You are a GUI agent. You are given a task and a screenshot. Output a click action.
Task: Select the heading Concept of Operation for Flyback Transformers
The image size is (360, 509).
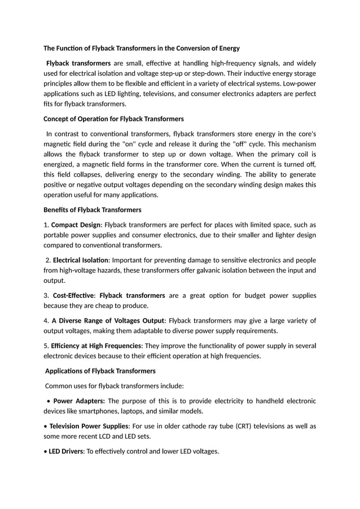click(x=113, y=119)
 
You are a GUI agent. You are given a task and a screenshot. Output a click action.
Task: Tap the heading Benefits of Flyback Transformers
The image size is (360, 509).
click(x=92, y=210)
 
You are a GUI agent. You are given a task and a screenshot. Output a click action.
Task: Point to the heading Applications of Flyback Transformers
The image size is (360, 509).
click(x=100, y=371)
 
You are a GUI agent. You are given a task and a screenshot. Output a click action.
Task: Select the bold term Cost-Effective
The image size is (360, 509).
click(x=73, y=295)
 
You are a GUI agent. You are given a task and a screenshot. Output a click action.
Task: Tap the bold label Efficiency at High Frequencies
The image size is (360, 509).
click(x=96, y=345)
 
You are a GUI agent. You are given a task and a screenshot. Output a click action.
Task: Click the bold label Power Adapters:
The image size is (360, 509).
click(x=78, y=401)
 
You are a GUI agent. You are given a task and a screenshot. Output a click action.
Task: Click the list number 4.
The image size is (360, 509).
click(x=46, y=321)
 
